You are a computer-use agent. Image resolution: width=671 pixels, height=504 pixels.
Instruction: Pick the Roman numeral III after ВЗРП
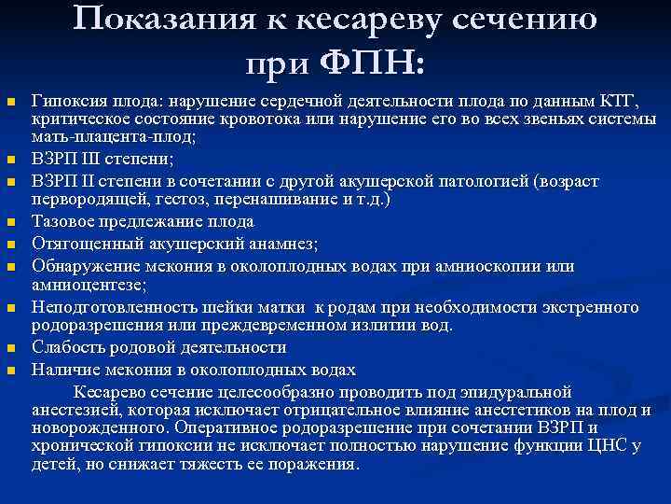click(x=93, y=159)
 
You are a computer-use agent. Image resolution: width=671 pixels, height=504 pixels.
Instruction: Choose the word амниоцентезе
click(x=85, y=284)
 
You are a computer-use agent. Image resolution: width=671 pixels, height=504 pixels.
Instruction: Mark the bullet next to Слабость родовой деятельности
click(x=11, y=348)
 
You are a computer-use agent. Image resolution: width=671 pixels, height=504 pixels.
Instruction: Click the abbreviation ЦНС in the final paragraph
click(x=611, y=445)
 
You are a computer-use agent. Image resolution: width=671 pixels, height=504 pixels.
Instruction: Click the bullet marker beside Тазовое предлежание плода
click(x=11, y=223)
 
